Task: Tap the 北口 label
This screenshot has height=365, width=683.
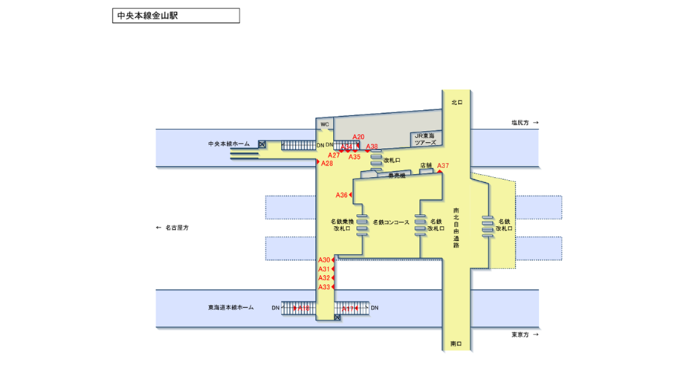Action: (456, 103)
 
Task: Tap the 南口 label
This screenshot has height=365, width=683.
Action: (456, 344)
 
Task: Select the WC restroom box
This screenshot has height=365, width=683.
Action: (324, 124)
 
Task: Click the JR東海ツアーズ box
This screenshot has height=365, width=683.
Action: (429, 138)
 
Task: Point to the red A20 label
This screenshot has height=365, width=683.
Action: (359, 137)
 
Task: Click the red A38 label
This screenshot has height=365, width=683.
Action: (372, 146)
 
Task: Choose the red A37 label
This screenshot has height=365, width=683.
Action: (443, 165)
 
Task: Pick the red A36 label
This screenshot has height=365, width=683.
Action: (341, 195)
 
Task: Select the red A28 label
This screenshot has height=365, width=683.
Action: (327, 163)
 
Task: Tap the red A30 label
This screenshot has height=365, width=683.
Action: (324, 259)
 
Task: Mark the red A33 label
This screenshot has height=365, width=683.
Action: (324, 287)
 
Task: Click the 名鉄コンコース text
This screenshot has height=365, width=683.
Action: (391, 222)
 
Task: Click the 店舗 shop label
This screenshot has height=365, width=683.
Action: (426, 165)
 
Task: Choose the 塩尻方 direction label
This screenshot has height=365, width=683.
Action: (519, 122)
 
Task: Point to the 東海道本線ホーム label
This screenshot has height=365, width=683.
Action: (231, 307)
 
